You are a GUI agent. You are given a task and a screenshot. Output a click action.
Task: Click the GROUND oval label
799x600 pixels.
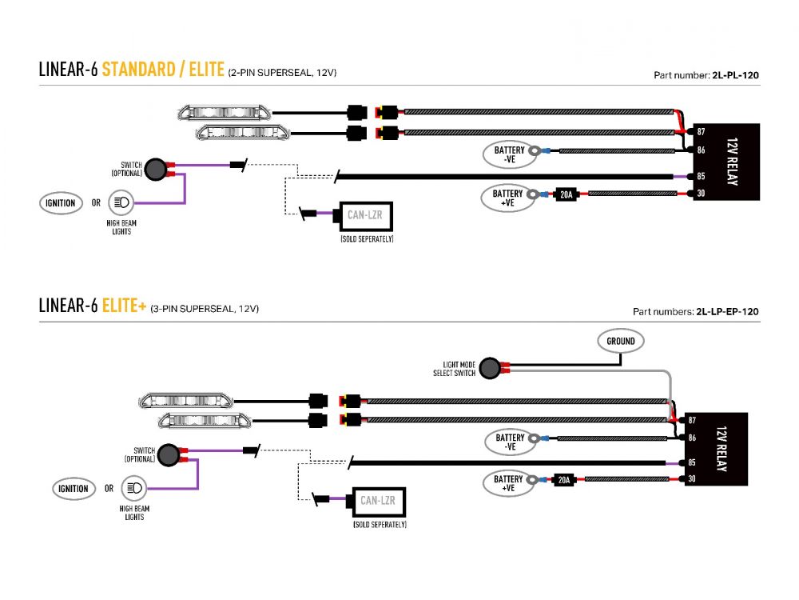(x=620, y=341)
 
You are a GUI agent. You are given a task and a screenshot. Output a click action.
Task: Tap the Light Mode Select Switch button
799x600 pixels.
(x=491, y=368)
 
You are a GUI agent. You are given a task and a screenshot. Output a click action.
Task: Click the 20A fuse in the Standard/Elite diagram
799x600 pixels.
(x=565, y=194)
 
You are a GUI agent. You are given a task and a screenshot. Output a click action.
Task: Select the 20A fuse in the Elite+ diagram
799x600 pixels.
(x=564, y=480)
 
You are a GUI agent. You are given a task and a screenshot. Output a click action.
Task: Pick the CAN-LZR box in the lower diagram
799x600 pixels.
(x=378, y=501)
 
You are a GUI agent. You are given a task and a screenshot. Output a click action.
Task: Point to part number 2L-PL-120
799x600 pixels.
(x=735, y=75)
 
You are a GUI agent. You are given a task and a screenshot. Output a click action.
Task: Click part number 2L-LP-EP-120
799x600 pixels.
(x=727, y=311)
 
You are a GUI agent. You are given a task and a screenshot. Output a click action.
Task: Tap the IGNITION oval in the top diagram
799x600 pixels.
(x=61, y=203)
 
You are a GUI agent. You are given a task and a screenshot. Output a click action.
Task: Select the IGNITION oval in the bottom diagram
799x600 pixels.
(x=74, y=488)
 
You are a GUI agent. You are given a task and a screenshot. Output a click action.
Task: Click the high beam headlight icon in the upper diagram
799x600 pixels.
(x=121, y=202)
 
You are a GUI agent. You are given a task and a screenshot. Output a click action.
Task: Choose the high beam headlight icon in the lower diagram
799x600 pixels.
(x=134, y=487)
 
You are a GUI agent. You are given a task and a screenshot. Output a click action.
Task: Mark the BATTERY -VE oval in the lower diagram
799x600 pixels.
(x=510, y=442)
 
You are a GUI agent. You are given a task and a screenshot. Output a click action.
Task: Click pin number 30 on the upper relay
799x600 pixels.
(x=701, y=194)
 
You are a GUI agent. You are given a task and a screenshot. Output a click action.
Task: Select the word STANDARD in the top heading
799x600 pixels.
(x=137, y=70)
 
